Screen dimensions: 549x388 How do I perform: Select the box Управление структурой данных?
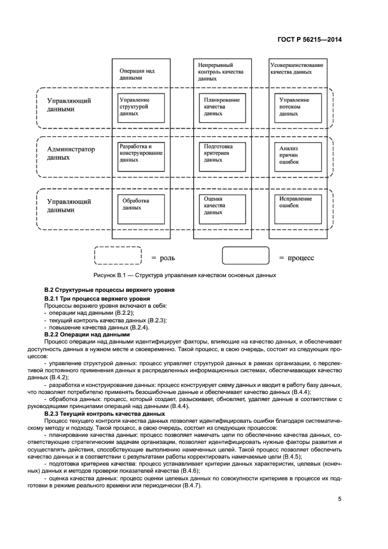(140, 107)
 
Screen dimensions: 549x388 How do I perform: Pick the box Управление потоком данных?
(297, 107)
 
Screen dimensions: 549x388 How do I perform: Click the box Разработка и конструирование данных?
(140, 155)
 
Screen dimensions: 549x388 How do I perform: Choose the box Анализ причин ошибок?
(297, 156)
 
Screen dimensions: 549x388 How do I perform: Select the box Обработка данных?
(140, 204)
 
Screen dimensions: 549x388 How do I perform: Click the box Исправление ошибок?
(297, 204)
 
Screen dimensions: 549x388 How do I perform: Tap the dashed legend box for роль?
(118, 257)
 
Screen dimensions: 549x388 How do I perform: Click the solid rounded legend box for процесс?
(245, 257)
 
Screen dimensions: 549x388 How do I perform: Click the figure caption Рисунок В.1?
(184, 275)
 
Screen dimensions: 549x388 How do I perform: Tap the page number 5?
(340, 500)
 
